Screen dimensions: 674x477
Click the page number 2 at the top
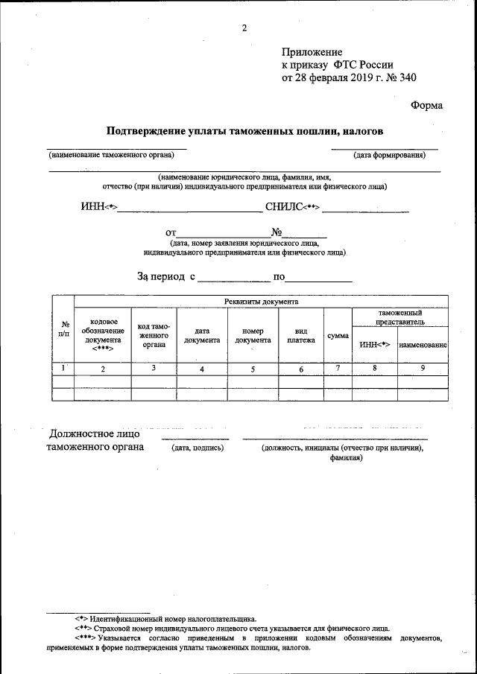point(244,28)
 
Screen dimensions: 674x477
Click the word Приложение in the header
point(312,51)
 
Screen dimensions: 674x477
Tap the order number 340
point(408,77)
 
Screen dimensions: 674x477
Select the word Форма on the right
point(426,105)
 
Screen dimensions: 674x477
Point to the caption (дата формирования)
point(389,156)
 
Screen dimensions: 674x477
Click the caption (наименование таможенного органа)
point(111,156)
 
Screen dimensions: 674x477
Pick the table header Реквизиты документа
point(261,302)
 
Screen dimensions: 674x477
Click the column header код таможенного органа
point(154,336)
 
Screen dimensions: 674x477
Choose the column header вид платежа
point(301,336)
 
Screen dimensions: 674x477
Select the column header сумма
point(338,336)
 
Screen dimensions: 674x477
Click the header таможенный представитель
point(400,317)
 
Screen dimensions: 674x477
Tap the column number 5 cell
point(253,369)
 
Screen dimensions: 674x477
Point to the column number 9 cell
point(423,368)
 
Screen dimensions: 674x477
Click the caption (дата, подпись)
point(198,448)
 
